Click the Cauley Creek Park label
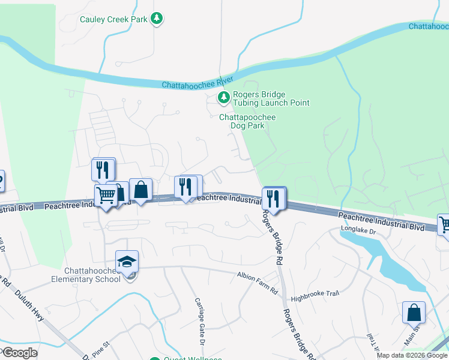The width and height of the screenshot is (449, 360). coord(113,19)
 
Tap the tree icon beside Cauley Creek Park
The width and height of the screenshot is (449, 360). coord(157,19)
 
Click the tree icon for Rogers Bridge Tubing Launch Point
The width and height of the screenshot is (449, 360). coord(223,97)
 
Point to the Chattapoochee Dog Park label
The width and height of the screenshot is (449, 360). coord(247,121)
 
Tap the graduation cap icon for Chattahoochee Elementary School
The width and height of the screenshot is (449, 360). coord(127,262)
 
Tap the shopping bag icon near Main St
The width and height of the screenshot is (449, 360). coord(414,312)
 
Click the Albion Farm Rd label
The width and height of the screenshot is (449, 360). coord(258,275)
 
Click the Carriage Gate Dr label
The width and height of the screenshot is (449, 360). coord(200,320)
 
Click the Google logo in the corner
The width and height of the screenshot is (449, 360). coord(19,353)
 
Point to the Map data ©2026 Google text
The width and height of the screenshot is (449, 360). coord(412,355)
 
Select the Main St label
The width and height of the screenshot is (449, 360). coord(412,334)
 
